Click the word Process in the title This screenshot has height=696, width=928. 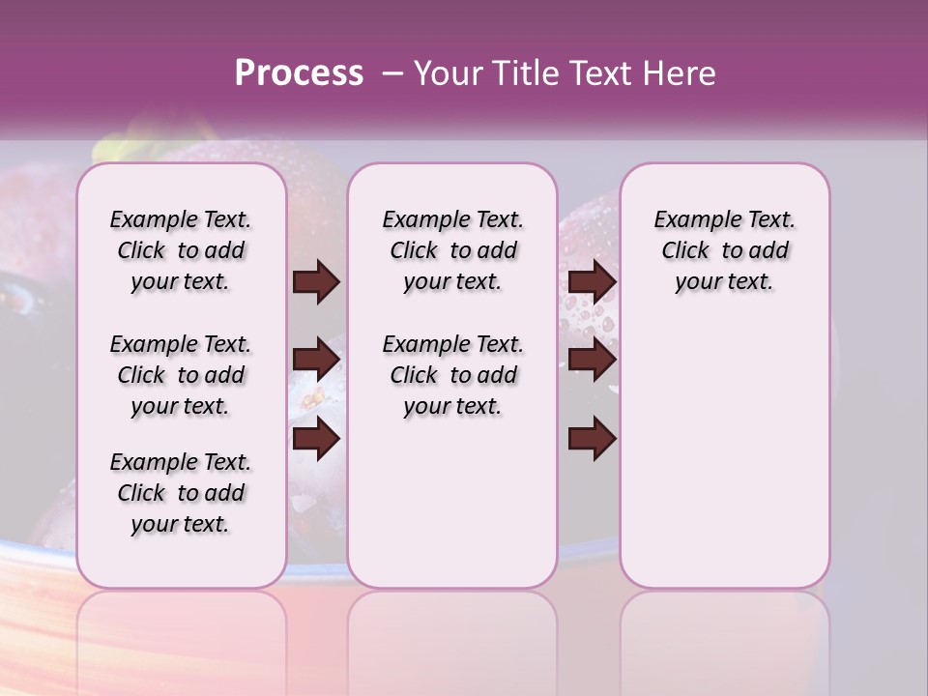pyautogui.click(x=299, y=73)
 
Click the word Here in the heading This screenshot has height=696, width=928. pyautogui.click(x=681, y=73)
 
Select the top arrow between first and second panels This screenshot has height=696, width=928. pyautogui.click(x=316, y=282)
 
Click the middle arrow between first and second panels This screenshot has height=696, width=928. pyautogui.click(x=316, y=361)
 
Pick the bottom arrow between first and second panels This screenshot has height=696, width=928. pyautogui.click(x=316, y=439)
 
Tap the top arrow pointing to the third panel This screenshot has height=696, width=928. pyautogui.click(x=592, y=282)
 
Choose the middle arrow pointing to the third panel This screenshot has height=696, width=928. pyautogui.click(x=592, y=361)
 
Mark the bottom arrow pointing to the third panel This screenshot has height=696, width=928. pyautogui.click(x=592, y=439)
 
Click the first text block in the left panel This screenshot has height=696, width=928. pyautogui.click(x=181, y=250)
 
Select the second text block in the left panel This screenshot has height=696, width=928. pyautogui.click(x=181, y=375)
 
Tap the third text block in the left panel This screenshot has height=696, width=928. pyautogui.click(x=181, y=493)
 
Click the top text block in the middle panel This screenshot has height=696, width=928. pyautogui.click(x=452, y=250)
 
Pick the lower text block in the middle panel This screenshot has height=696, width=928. pyautogui.click(x=452, y=375)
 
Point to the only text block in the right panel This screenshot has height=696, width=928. pyautogui.click(x=724, y=250)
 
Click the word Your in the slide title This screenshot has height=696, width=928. pyautogui.click(x=448, y=73)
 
